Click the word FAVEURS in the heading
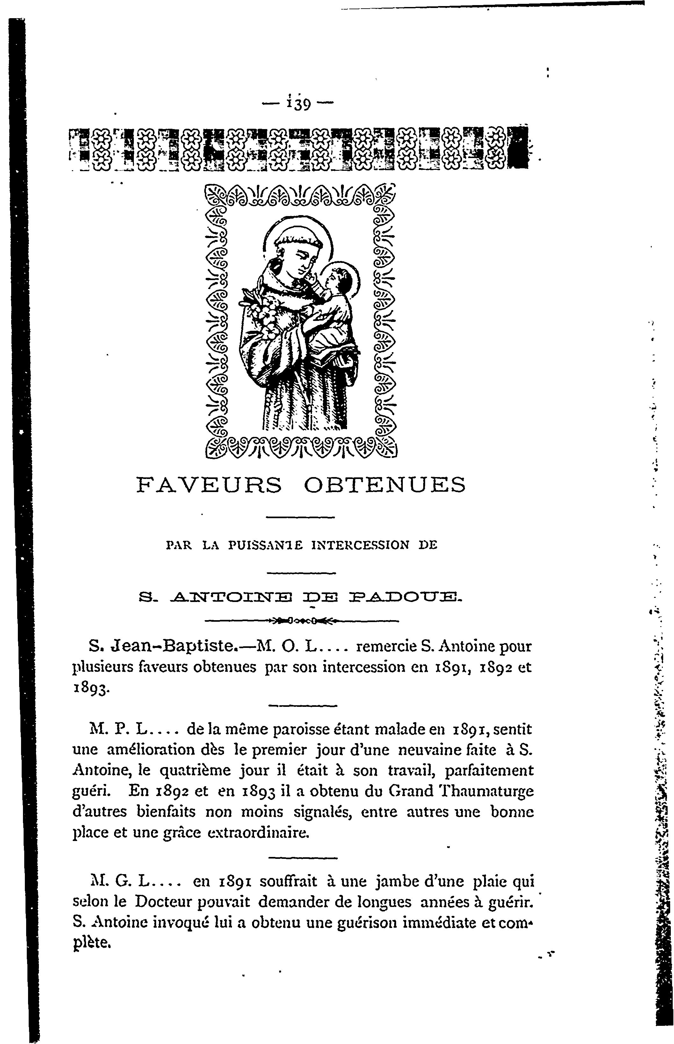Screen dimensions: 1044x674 209,485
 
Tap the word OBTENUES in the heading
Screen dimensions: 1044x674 385,485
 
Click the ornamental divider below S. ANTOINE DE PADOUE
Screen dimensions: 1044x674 301,620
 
